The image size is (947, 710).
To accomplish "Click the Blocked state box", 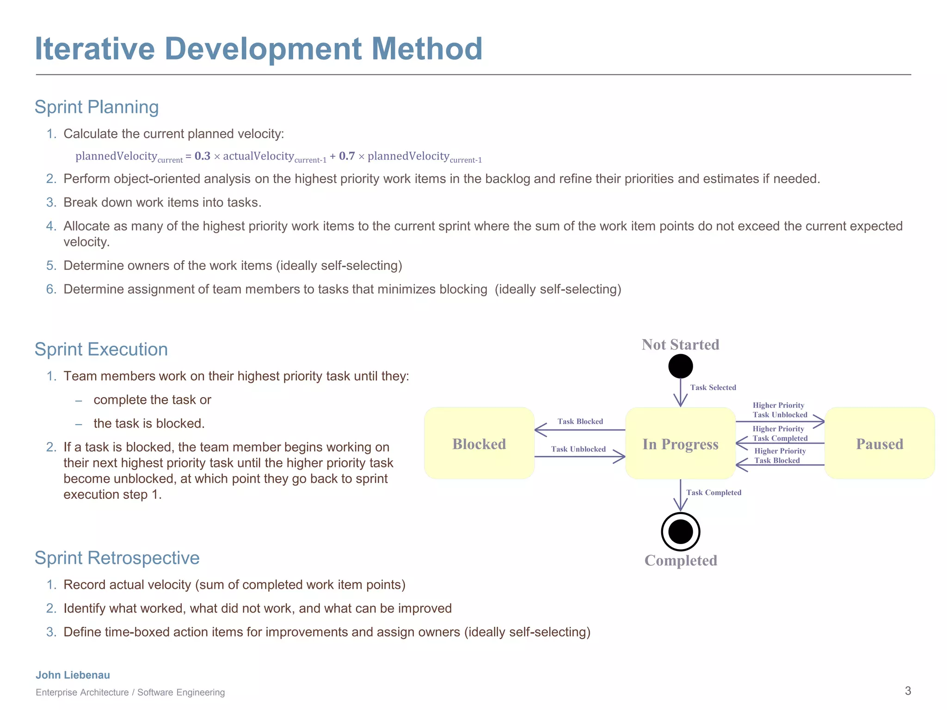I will (x=479, y=443).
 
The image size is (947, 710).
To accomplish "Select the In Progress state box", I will (x=680, y=443).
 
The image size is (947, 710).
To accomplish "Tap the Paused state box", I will (x=879, y=443).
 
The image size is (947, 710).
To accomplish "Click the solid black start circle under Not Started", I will (x=680, y=367).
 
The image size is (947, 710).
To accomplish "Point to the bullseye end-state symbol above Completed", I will (x=680, y=532).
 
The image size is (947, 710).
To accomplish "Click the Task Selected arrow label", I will (x=713, y=387).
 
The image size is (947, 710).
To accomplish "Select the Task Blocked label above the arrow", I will (x=580, y=421).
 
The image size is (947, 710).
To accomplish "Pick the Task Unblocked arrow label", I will (x=578, y=449).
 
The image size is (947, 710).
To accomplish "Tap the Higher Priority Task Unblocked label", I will (x=780, y=410).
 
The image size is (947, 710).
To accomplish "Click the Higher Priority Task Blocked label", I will (x=780, y=456).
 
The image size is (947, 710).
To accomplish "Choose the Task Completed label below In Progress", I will (x=713, y=492).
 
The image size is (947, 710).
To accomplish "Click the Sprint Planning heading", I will (x=97, y=107).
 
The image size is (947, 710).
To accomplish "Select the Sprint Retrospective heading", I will (x=117, y=558).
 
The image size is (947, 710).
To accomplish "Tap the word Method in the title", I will (x=427, y=49).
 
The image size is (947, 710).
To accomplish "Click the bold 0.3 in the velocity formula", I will (x=202, y=156).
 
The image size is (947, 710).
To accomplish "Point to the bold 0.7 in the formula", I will (x=347, y=156).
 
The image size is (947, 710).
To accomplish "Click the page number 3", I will (x=908, y=691).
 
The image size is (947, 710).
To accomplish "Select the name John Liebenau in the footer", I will (x=73, y=675).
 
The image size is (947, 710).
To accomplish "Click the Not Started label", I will (x=680, y=344).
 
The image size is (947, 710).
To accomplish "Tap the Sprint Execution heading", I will (x=101, y=349).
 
